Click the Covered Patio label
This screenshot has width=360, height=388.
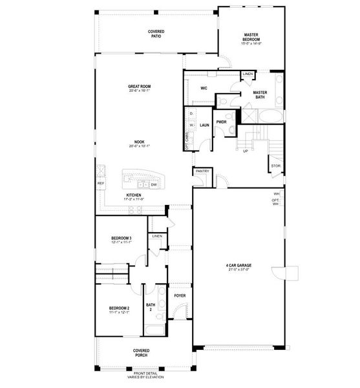[x=156, y=34]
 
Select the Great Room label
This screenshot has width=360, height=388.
[x=139, y=87]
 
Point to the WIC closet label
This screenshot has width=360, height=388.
[x=204, y=88]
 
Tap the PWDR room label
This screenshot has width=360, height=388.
[x=221, y=122]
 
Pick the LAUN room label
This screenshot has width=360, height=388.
[x=204, y=125]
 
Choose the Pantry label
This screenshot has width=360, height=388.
[x=202, y=171]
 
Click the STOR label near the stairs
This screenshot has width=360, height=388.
[x=276, y=166]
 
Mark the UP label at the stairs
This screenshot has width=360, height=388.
[x=245, y=151]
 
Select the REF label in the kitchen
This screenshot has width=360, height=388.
[x=101, y=184]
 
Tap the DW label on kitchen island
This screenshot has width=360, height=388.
[x=154, y=185]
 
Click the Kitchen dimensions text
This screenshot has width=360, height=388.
[x=134, y=199]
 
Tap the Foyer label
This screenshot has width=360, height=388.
[x=179, y=296]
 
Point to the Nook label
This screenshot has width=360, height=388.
[x=139, y=142]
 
